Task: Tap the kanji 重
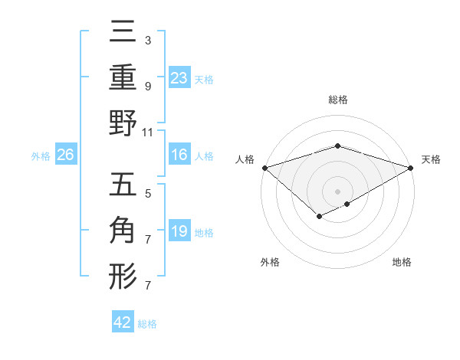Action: coord(123,79)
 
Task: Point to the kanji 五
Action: coord(123,187)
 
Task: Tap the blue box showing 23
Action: coord(179,77)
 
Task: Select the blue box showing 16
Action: coord(179,155)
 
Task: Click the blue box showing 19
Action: coord(179,231)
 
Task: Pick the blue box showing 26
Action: coord(66,155)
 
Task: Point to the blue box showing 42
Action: coord(123,322)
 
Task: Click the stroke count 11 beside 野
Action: coord(148,132)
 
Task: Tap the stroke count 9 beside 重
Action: coord(148,86)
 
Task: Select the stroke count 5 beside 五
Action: coord(148,193)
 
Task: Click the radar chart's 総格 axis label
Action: coord(338,100)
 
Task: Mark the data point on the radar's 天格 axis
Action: coord(412,168)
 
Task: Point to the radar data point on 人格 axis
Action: coord(264,168)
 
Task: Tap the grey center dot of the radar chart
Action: coord(338,191)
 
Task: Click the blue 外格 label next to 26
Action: coord(41,155)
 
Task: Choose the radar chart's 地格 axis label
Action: coord(402,262)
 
